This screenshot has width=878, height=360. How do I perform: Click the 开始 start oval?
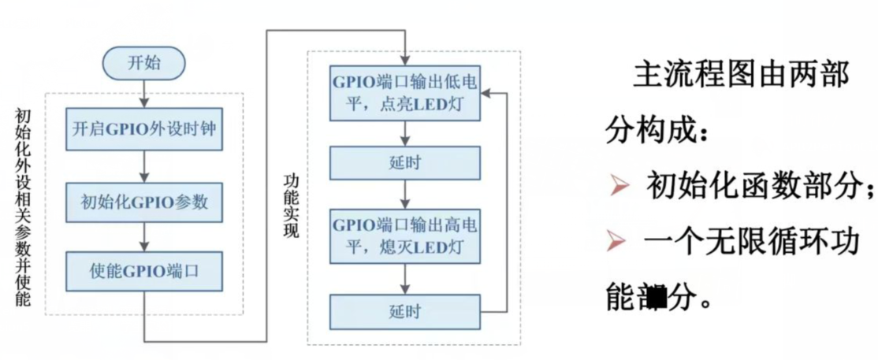(x=143, y=63)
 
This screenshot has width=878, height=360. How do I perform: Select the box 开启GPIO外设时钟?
(x=143, y=132)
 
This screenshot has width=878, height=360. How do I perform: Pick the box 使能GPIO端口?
(x=143, y=272)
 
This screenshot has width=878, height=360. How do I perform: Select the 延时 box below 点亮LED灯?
(x=404, y=163)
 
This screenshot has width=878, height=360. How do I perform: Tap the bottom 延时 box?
(x=404, y=311)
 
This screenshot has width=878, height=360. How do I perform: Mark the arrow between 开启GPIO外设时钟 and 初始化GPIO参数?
(x=143, y=166)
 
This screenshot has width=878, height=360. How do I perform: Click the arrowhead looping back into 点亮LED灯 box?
(x=487, y=93)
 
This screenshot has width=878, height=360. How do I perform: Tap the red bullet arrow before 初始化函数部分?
(x=619, y=186)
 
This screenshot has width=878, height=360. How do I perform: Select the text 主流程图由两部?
(x=740, y=76)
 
